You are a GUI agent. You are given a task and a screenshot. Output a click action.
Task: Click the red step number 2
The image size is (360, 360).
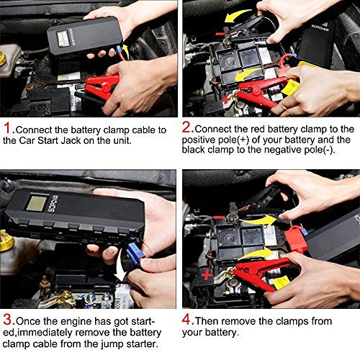pos(187,127)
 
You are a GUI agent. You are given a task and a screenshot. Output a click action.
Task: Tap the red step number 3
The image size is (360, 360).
pos(9,320)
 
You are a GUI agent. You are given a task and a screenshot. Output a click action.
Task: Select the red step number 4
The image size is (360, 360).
pos(188,319)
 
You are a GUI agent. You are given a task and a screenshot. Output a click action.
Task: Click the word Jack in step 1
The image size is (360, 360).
pos(71,140)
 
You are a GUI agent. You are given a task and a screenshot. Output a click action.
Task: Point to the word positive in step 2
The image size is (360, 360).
pos(199,140)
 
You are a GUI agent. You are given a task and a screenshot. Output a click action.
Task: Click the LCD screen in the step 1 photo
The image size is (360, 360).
pos(63,38)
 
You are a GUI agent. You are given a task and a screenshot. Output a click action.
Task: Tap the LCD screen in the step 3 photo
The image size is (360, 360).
pos(37,203)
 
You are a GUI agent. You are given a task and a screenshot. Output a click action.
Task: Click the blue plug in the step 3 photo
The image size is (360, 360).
pos(135,251)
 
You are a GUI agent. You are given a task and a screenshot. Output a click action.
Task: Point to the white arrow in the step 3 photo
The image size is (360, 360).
pos(120,266)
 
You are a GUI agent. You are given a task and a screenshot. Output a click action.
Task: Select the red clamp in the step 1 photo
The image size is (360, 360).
pos(101,86)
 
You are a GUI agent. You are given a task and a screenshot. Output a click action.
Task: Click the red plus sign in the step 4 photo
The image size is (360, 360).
pos(207,275)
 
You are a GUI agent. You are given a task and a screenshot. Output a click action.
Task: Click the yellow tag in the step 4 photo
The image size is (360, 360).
pos(282,282)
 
